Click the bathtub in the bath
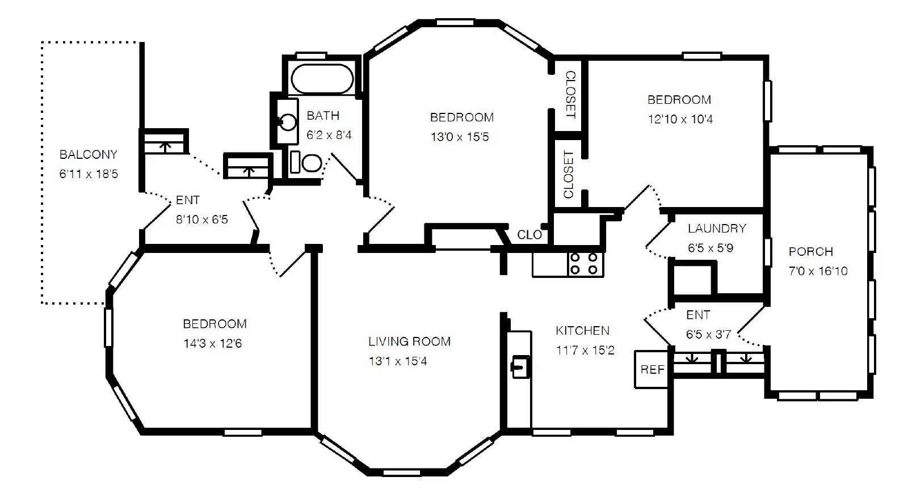click(x=322, y=79)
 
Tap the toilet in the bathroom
click(x=306, y=162)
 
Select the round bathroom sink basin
click(x=288, y=122)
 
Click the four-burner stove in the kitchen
click(x=586, y=264)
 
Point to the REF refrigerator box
click(x=651, y=370)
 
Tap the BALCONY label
click(x=89, y=154)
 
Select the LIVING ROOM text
click(x=409, y=341)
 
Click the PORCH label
click(x=811, y=252)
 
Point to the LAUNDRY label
click(x=717, y=229)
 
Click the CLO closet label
click(x=529, y=235)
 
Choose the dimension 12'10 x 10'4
click(x=680, y=119)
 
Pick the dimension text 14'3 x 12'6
click(x=212, y=344)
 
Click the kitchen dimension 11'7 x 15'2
click(x=585, y=350)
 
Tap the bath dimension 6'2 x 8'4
click(x=329, y=135)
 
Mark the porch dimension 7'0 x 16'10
click(x=818, y=271)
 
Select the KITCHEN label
click(x=582, y=331)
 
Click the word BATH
click(x=323, y=116)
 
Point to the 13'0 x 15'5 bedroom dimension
click(x=460, y=137)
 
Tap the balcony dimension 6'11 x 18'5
click(x=89, y=174)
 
